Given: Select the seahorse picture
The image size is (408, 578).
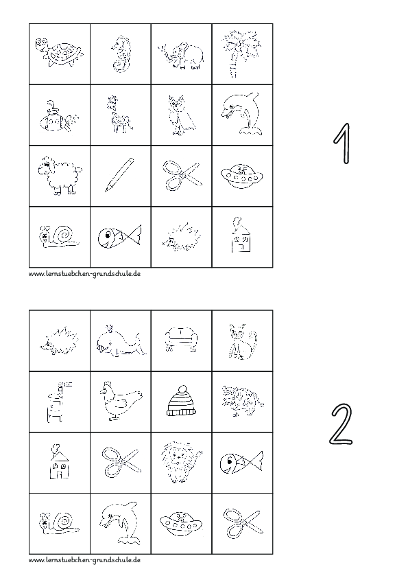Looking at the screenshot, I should point(121,52).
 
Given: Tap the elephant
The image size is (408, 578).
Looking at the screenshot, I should point(182,54).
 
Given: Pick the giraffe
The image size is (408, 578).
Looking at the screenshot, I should point(120,115).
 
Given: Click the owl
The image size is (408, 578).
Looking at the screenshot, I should point(180,115).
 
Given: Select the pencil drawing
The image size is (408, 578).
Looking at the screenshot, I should point(119,174).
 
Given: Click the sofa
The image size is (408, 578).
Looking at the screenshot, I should point(182,337).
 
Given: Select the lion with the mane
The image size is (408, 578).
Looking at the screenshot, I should point(181,461).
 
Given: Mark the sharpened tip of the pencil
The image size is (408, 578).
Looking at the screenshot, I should point(106,189).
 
